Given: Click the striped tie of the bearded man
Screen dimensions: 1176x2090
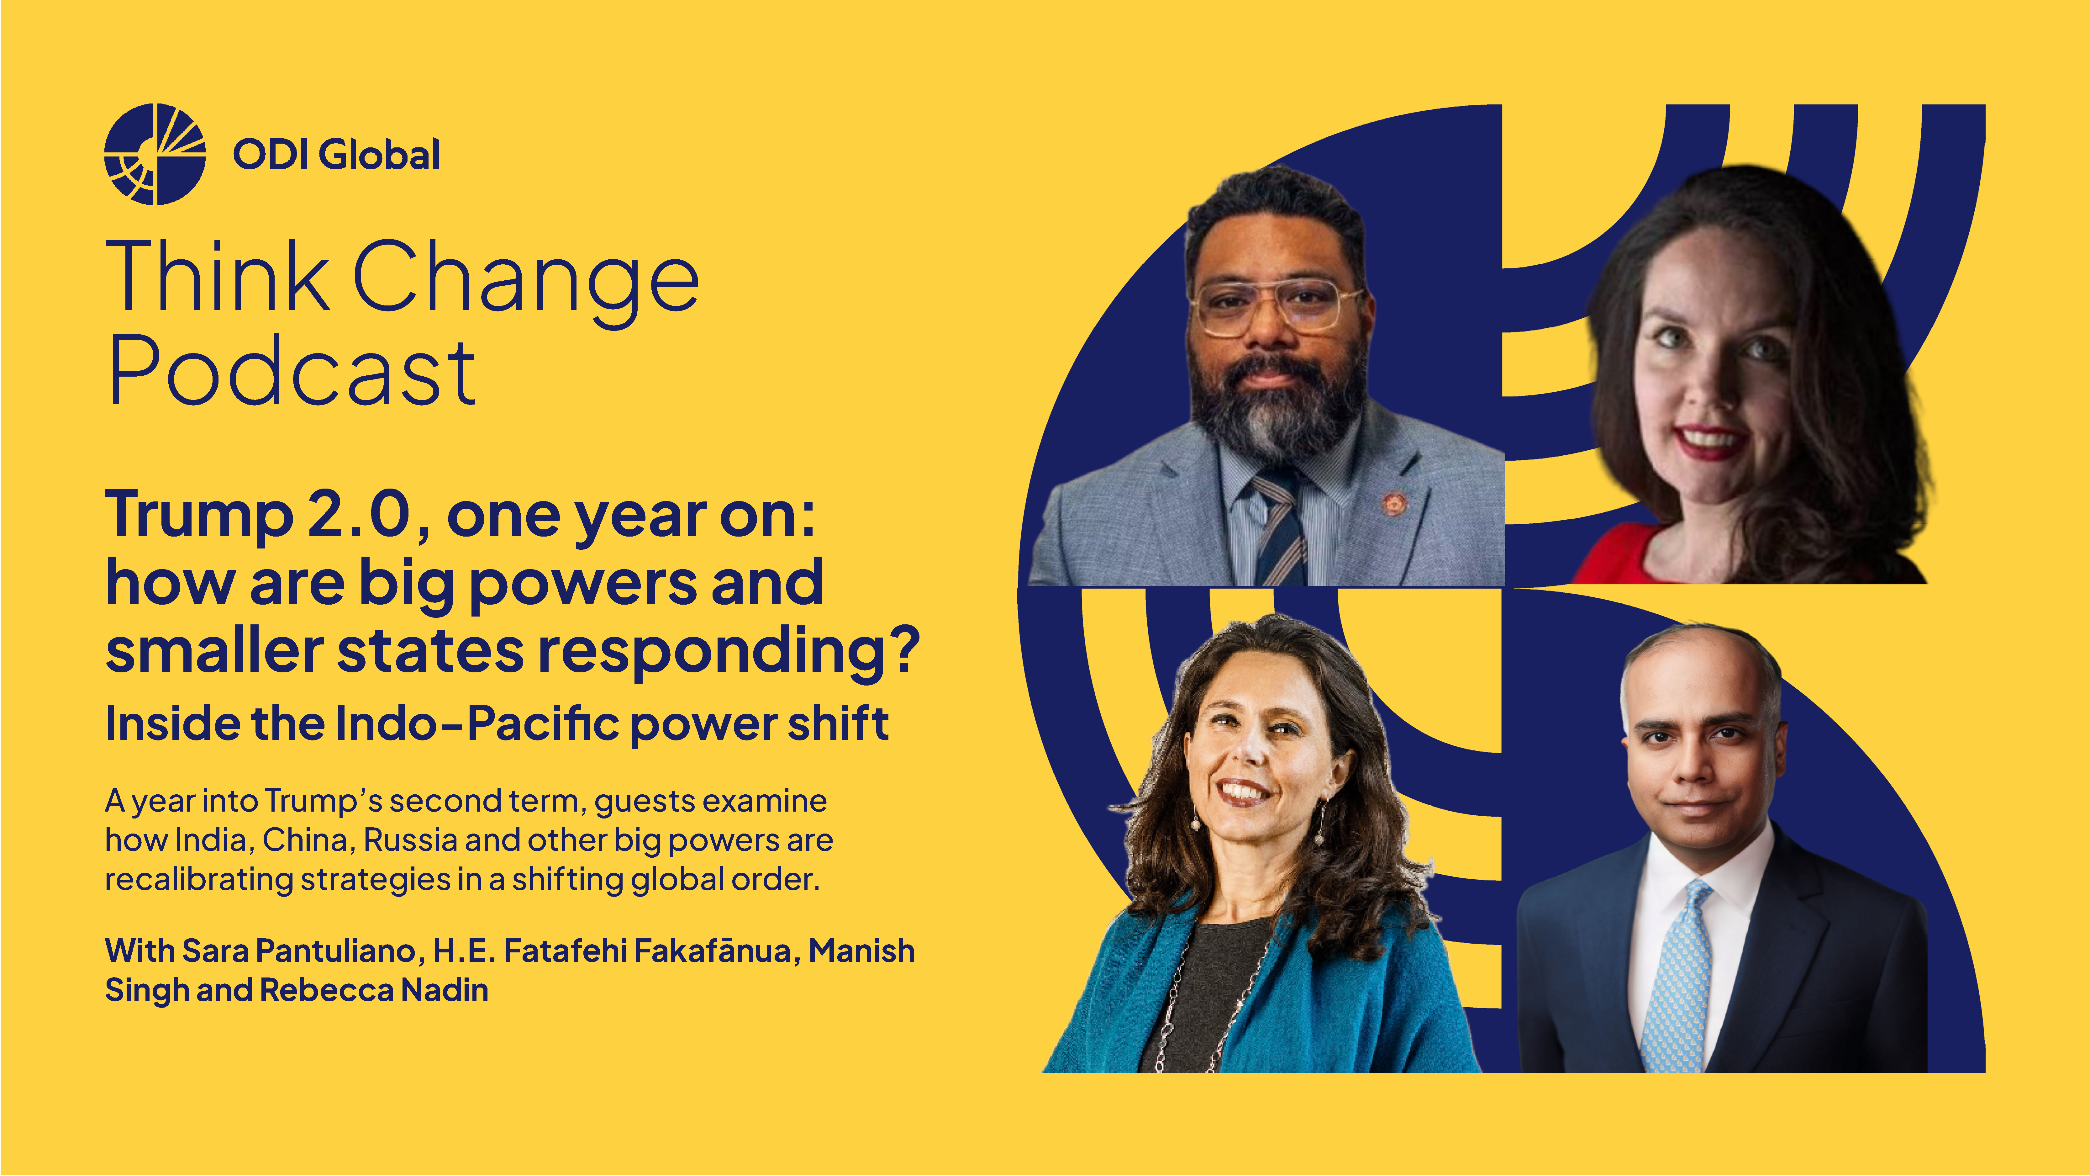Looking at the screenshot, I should coord(1280,527).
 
